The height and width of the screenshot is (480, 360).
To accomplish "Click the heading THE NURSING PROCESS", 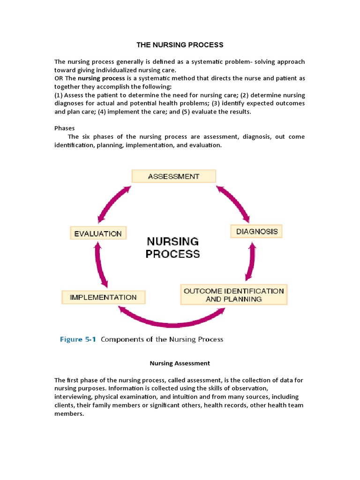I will click(x=180, y=45).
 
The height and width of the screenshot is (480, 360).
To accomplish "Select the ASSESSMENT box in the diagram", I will click(x=173, y=176).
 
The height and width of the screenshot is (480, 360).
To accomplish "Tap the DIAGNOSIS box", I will click(x=256, y=231).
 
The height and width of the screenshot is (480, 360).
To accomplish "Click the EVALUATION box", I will click(x=98, y=233).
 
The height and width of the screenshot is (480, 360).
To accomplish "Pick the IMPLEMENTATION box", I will click(x=103, y=297).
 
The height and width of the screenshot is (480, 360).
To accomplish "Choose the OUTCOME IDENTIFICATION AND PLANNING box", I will click(x=233, y=295).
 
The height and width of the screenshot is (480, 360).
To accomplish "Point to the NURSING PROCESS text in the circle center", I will click(x=172, y=247).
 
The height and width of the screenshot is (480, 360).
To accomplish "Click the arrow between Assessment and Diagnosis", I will click(x=233, y=203).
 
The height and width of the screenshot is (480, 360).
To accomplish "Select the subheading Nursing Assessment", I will click(x=180, y=363).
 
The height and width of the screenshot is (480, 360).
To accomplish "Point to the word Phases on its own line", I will click(x=64, y=128).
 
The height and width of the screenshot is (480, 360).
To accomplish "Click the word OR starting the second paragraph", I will click(x=59, y=78).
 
